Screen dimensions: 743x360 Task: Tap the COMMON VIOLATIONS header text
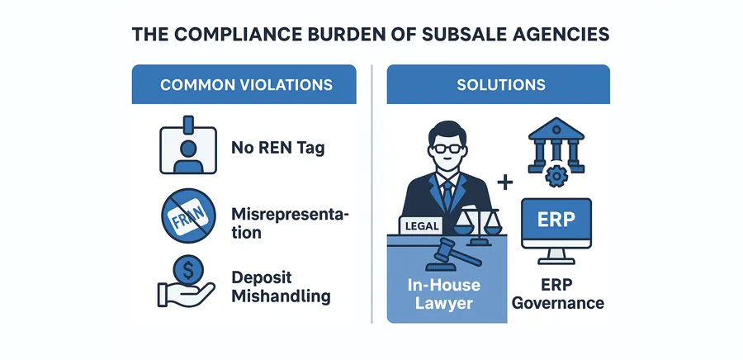[x=246, y=85]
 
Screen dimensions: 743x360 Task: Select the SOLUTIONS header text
[x=501, y=85]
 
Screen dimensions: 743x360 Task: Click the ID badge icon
[x=188, y=144]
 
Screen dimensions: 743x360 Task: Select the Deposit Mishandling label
[x=281, y=287]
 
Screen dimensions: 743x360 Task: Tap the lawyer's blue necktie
[x=447, y=195]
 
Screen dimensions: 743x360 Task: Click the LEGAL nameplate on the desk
[x=422, y=225]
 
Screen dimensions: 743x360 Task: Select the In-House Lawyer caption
[x=443, y=294]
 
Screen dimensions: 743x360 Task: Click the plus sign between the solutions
[x=504, y=182]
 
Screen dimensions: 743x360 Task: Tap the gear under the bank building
[x=556, y=176]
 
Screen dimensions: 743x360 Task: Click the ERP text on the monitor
[x=556, y=220]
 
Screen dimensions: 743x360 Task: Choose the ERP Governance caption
[x=558, y=294]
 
